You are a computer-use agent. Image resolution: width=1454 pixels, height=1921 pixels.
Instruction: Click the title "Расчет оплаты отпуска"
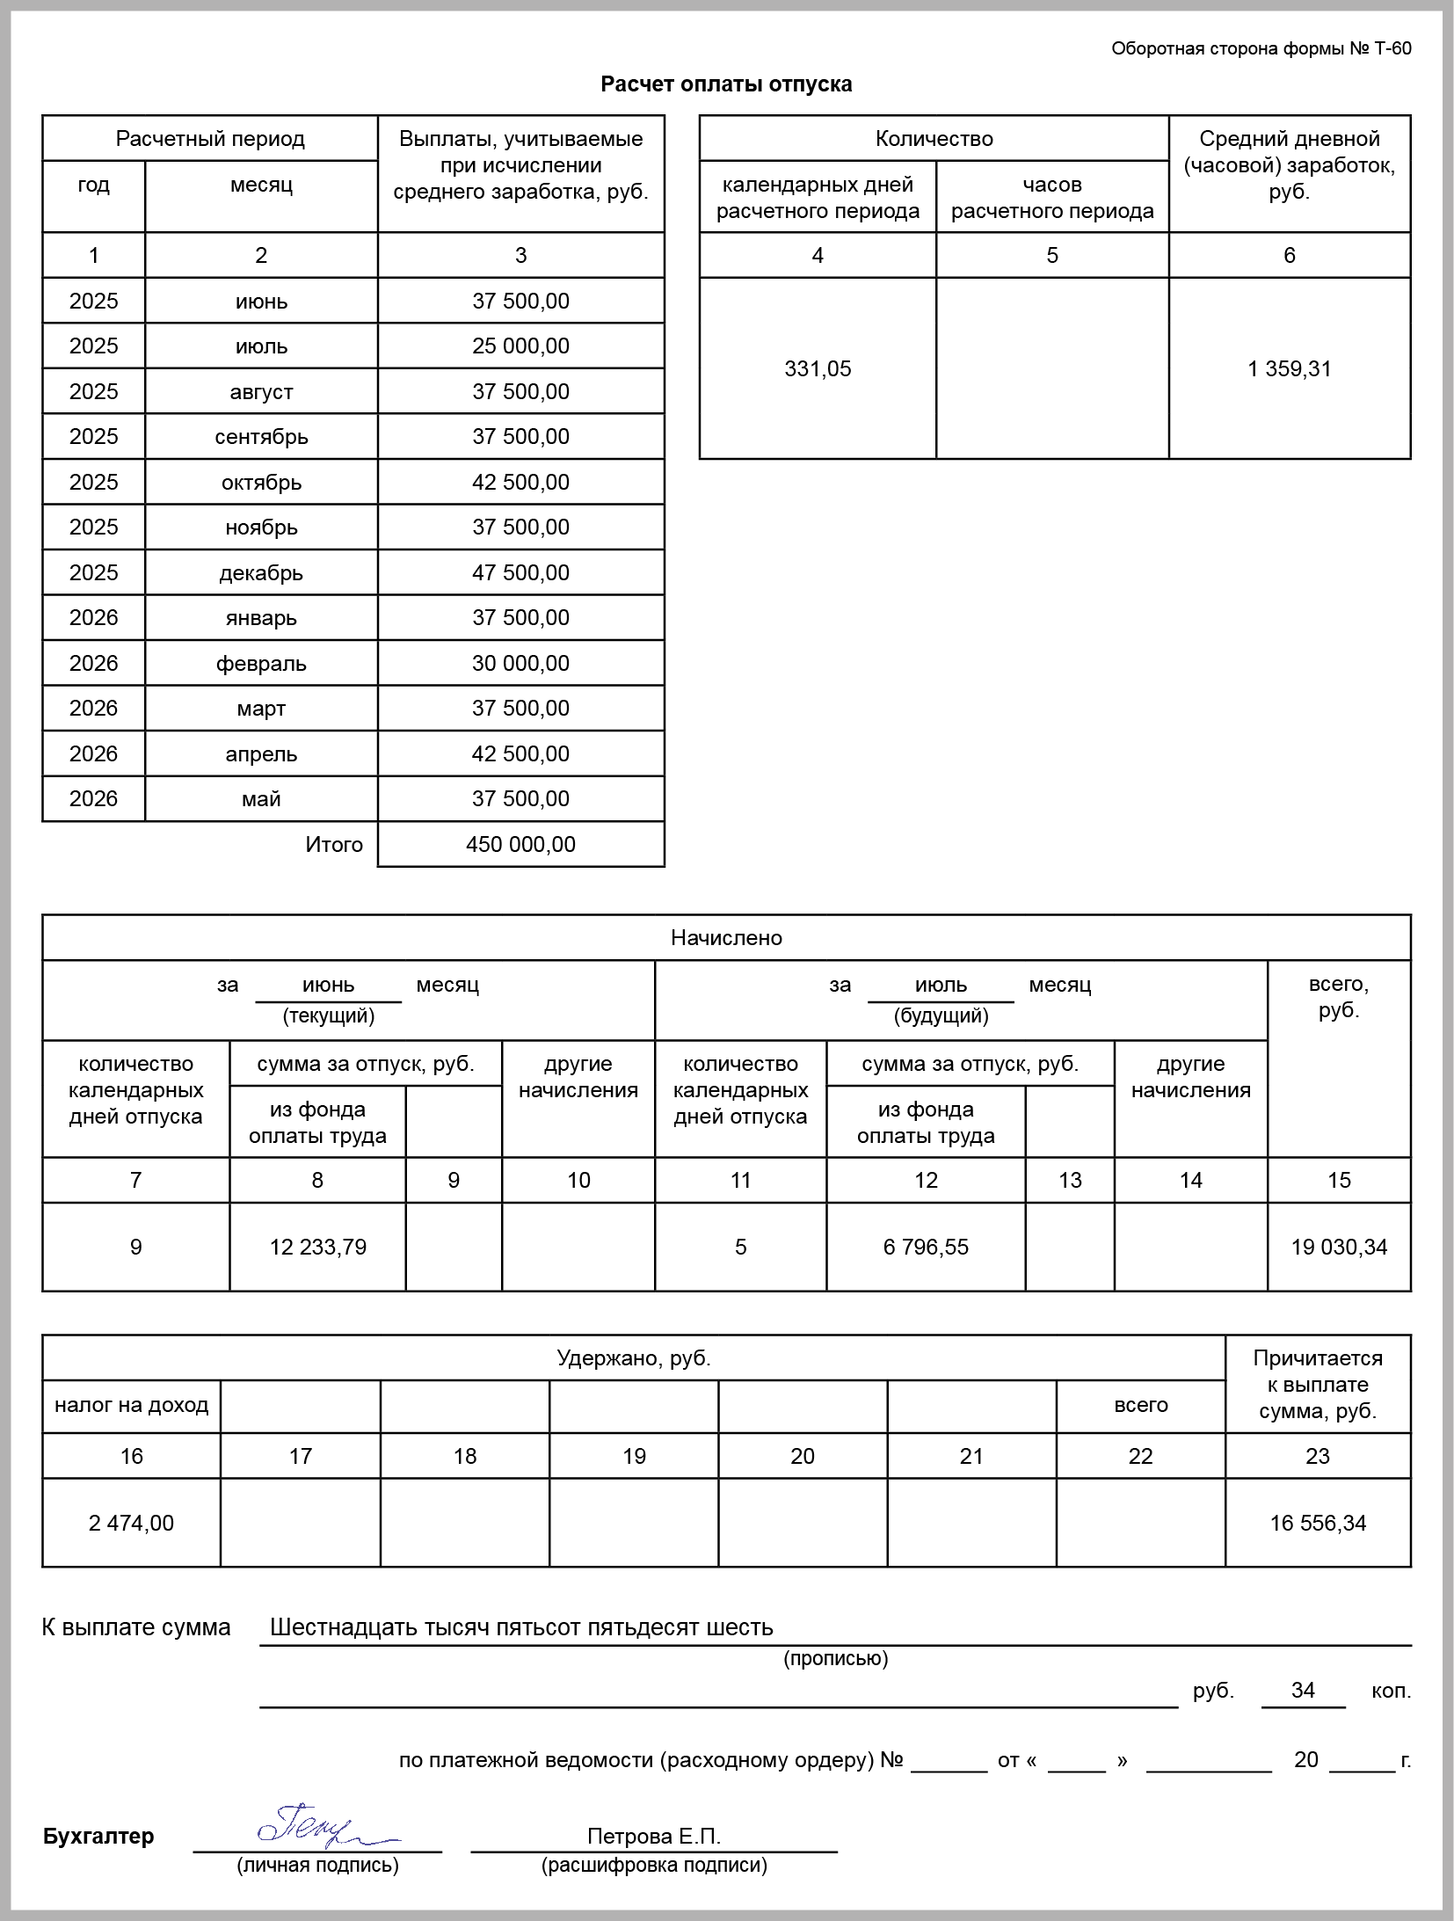pyautogui.click(x=726, y=84)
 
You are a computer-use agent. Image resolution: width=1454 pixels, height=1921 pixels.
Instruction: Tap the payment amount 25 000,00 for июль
pyautogui.click(x=520, y=346)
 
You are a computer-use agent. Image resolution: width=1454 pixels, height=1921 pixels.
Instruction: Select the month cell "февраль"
pyautogui.click(x=261, y=663)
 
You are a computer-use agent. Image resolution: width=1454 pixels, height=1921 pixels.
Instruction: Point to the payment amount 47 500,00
pyautogui.click(x=520, y=572)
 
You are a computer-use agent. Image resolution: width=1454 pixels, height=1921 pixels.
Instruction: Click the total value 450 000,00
pyautogui.click(x=520, y=844)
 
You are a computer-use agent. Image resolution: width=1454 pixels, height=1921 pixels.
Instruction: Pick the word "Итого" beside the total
pyautogui.click(x=334, y=844)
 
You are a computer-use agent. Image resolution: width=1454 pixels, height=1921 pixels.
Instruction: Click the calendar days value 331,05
pyautogui.click(x=818, y=368)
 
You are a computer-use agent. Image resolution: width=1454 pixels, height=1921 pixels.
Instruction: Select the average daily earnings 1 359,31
pyautogui.click(x=1289, y=368)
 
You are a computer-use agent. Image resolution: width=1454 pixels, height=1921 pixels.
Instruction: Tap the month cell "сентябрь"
pyautogui.click(x=261, y=436)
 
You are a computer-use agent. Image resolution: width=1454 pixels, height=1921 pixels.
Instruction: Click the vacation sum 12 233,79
pyautogui.click(x=317, y=1247)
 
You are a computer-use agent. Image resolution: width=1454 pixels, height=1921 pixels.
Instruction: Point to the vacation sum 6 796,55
pyautogui.click(x=926, y=1247)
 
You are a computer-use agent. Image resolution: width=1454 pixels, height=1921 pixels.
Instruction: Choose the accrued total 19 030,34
pyautogui.click(x=1339, y=1247)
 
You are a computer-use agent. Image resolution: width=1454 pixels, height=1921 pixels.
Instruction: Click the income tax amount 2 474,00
pyautogui.click(x=131, y=1523)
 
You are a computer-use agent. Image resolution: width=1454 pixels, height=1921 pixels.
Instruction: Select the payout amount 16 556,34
pyautogui.click(x=1318, y=1523)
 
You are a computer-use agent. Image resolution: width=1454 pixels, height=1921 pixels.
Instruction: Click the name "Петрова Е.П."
pyautogui.click(x=653, y=1836)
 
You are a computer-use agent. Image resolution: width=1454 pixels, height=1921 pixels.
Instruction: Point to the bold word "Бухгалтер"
pyautogui.click(x=98, y=1836)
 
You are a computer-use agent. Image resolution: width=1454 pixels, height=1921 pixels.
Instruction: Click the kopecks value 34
pyautogui.click(x=1303, y=1690)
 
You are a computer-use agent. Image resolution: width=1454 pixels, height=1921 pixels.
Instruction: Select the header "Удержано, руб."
pyautogui.click(x=633, y=1358)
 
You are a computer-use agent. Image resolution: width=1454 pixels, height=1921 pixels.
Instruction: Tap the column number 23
pyautogui.click(x=1318, y=1456)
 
